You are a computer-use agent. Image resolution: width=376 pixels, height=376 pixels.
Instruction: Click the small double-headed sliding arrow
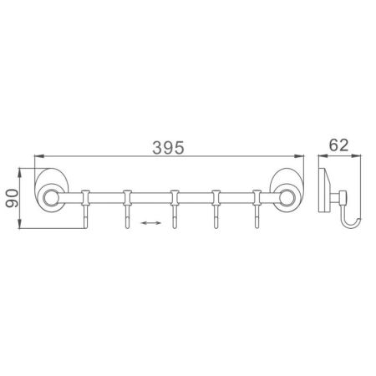point(151,223)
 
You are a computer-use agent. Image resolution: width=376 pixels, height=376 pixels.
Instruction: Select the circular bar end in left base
point(53,198)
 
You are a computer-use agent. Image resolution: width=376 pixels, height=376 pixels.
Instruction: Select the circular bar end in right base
point(286,198)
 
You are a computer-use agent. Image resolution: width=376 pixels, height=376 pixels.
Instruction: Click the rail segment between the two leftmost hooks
point(106,198)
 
